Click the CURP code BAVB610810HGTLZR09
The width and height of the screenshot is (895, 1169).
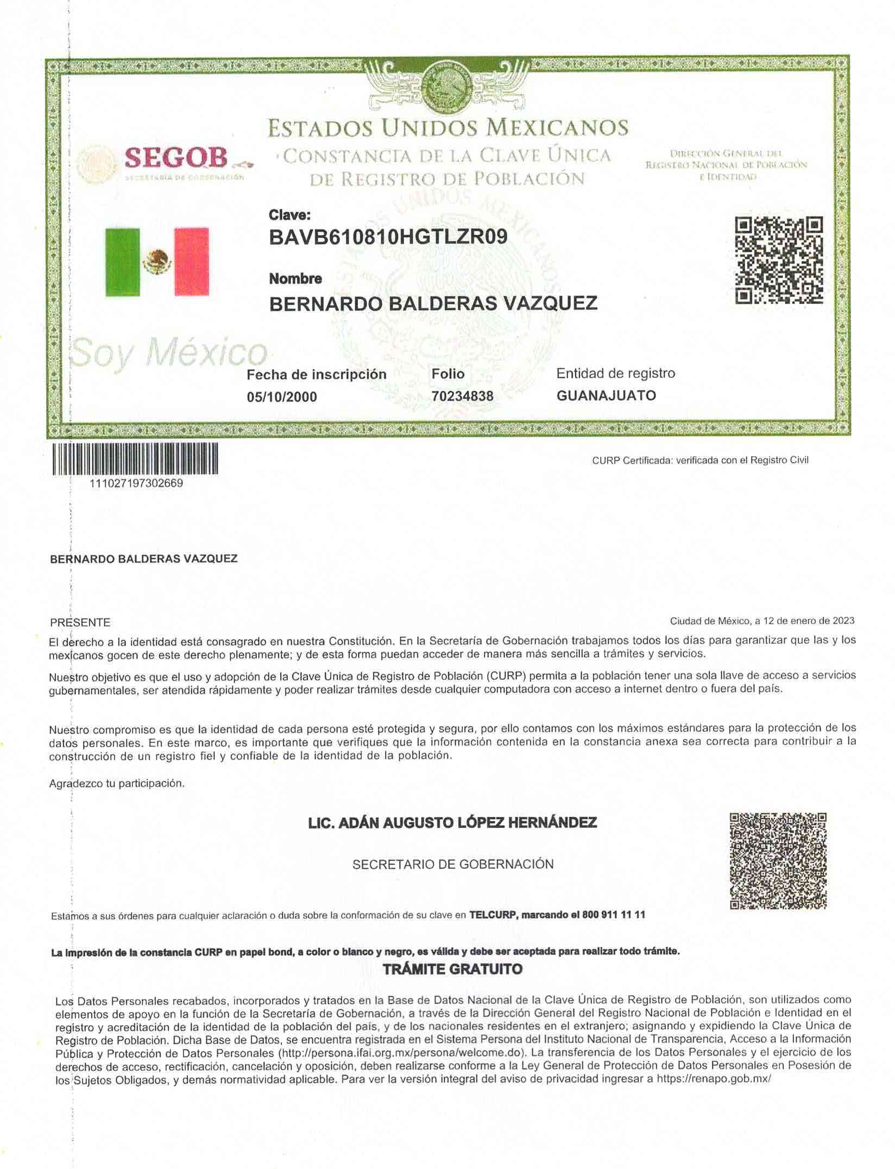[388, 237]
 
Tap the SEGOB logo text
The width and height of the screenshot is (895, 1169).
[175, 158]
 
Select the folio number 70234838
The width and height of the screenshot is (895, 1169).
[463, 396]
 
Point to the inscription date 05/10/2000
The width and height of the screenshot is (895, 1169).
[282, 397]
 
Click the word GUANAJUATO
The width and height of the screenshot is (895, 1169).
[606, 395]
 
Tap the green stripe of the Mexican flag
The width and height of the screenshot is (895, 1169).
[122, 262]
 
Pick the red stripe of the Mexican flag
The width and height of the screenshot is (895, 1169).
[191, 262]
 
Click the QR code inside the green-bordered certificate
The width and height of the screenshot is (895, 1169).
[779, 260]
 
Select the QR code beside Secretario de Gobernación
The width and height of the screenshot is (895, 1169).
[778, 861]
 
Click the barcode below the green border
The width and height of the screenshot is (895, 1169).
[135, 459]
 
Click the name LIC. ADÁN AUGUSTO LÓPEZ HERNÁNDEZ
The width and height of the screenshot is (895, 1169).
[452, 823]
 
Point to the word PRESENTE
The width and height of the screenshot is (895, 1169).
[80, 622]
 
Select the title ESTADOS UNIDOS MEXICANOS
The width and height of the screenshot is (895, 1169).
[448, 128]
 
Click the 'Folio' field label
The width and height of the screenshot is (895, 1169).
[448, 374]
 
